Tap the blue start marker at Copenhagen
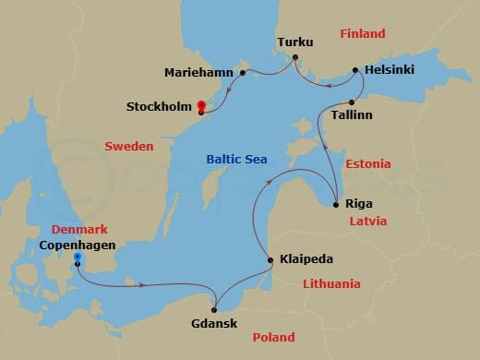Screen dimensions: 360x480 (78, 258)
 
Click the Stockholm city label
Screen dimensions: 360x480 (159, 107)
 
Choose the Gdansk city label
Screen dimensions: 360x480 (214, 325)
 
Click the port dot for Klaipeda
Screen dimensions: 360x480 (269, 260)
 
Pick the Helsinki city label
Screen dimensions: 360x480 (390, 69)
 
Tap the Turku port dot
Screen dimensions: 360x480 (294, 58)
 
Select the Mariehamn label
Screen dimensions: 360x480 (199, 72)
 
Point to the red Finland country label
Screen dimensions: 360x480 (363, 34)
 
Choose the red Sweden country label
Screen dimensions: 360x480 (129, 146)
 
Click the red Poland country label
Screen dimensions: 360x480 (273, 338)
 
